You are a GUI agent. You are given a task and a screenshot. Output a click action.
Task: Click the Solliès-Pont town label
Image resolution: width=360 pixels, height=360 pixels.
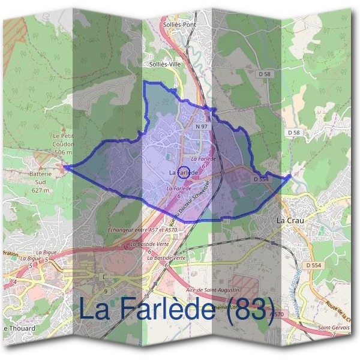click(x=179, y=25)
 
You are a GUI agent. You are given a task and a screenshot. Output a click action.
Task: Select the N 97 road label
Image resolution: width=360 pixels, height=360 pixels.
click(x=202, y=127)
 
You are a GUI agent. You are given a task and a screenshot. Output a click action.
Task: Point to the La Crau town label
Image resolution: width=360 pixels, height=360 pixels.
click(x=290, y=221)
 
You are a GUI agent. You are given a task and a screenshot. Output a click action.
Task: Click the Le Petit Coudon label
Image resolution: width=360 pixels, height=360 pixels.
click(x=62, y=140)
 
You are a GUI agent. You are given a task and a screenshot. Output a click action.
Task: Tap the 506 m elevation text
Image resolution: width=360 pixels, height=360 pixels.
click(x=63, y=152)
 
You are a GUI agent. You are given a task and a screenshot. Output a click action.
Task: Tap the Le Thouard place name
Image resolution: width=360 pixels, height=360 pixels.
click(x=19, y=328)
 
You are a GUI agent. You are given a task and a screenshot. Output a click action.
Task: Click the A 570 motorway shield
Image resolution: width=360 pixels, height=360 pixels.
click(x=277, y=314)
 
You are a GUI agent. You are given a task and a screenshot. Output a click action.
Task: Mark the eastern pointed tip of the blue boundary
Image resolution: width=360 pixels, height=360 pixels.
click(x=291, y=175)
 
